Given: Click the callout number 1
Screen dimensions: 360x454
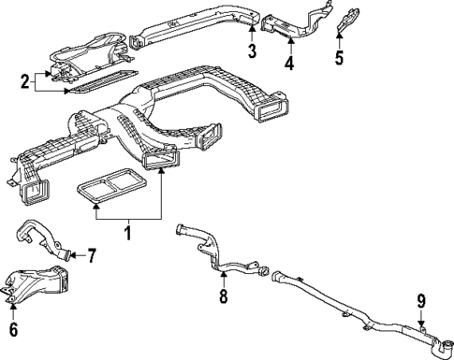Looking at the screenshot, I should (x=129, y=227).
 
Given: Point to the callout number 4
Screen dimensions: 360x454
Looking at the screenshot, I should (x=289, y=63).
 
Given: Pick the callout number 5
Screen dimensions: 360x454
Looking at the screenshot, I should (x=339, y=58).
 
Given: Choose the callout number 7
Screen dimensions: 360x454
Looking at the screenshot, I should (x=91, y=254).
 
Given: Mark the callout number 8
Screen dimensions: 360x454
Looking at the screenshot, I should (x=222, y=296).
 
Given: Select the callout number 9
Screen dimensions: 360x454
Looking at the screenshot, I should (x=421, y=301).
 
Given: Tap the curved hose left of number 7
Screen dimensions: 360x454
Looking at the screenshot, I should (x=42, y=234).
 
